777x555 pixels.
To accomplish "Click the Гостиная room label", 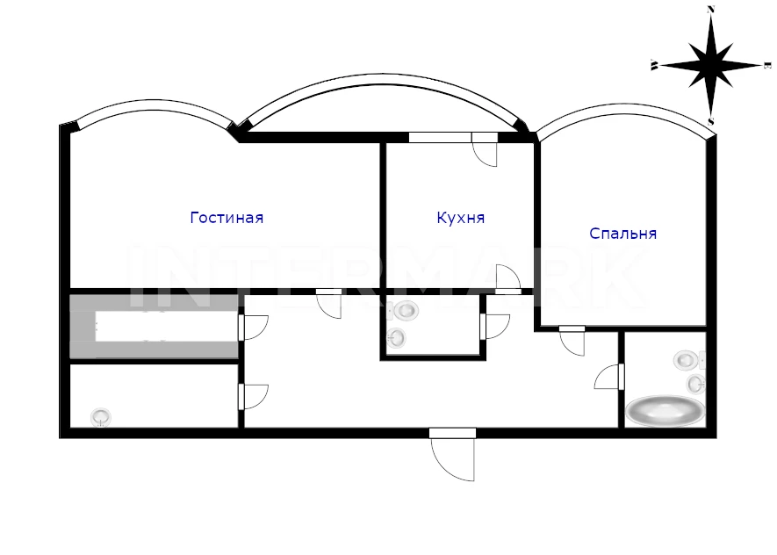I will [x=227, y=218].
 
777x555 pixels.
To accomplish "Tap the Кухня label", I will [x=460, y=218].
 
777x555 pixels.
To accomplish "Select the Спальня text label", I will [x=622, y=234].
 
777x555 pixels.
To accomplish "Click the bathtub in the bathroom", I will [x=665, y=410].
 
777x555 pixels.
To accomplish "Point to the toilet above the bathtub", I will [x=687, y=360].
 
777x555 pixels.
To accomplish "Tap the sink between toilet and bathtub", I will [x=694, y=384].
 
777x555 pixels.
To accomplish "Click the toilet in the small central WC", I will [x=406, y=310].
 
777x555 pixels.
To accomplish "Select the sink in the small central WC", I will [x=397, y=336].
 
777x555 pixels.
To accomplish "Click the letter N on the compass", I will [x=710, y=9].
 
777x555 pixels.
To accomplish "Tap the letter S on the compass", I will [x=710, y=120].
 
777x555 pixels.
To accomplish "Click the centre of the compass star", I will [x=710, y=65].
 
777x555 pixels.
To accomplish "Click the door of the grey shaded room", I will [x=253, y=327].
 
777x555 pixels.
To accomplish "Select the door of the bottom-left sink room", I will [x=253, y=396].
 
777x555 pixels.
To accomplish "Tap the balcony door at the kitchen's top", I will [x=485, y=149].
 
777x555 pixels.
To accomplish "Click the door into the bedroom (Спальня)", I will [x=572, y=341].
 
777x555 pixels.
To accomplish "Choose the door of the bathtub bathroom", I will [x=608, y=377].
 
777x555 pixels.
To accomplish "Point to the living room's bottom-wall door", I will [x=329, y=303].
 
